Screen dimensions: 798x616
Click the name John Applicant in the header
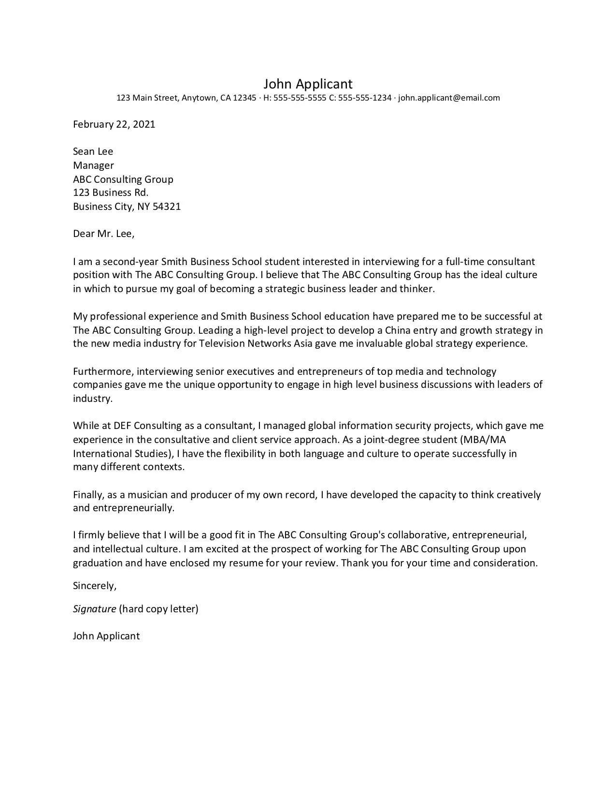308,84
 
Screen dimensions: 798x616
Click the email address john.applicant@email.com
449,98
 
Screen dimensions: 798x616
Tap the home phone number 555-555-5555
300,98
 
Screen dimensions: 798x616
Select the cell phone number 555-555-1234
365,98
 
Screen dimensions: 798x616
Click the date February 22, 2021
114,124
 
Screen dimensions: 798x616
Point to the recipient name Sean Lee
93,151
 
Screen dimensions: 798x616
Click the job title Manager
93,165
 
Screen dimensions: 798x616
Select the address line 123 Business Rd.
111,192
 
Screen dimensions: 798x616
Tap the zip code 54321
167,207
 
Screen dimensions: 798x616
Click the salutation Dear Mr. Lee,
103,234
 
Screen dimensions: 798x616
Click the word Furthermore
104,371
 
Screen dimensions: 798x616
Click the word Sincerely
94,586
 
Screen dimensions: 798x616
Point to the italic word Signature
94,609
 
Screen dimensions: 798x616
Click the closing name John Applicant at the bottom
106,636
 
